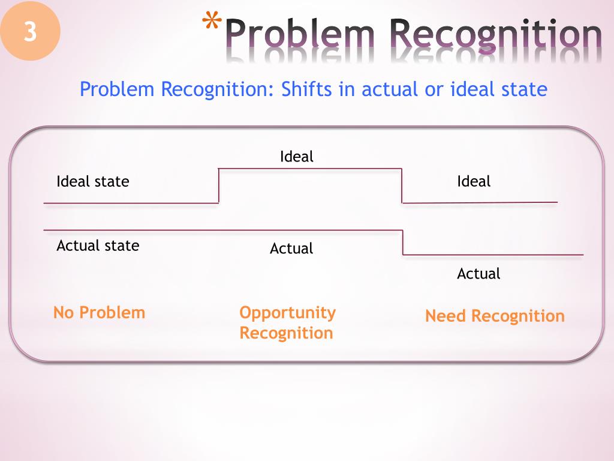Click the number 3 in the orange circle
(30, 31)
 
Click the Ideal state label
(92, 181)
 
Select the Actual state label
(98, 246)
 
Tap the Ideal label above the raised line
(297, 157)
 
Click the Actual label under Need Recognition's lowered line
(478, 274)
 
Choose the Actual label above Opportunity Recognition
(291, 249)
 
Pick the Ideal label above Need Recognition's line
(474, 181)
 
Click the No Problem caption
(99, 313)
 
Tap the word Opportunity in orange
(287, 313)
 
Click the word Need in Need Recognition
(446, 316)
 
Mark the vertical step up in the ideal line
(219, 186)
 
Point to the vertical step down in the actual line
(403, 243)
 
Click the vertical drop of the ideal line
(402, 186)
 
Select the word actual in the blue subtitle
(390, 89)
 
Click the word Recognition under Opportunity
(286, 333)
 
